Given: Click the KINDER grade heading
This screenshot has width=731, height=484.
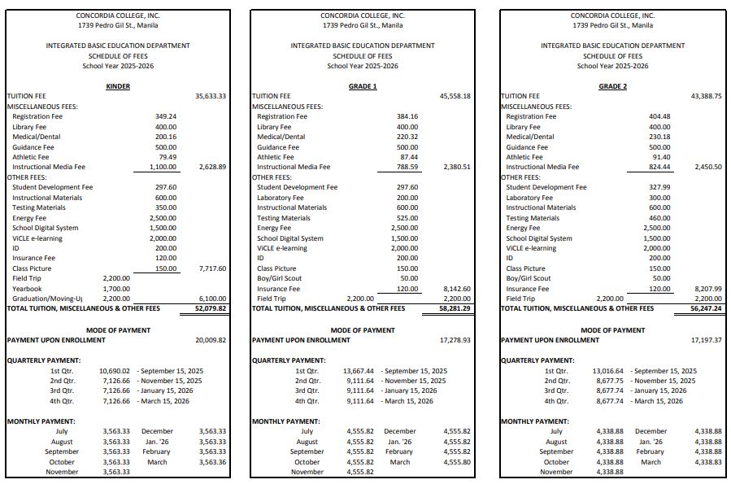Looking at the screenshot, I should tap(118, 86).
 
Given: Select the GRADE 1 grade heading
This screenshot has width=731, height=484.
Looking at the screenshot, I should tap(363, 86).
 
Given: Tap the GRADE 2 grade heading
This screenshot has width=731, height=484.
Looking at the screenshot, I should tap(612, 86).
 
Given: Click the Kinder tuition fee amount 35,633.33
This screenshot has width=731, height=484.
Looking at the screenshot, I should tap(211, 96).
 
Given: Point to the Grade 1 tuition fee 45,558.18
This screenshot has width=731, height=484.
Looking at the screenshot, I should tap(455, 96).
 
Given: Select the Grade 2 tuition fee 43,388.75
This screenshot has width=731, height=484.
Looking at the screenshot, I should tap(706, 96).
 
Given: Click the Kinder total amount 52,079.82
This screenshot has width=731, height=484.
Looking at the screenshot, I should tap(211, 309).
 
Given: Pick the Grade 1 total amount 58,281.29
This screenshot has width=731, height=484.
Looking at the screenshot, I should tap(455, 309).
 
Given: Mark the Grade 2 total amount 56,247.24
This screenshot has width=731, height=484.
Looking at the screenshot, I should tap(706, 309).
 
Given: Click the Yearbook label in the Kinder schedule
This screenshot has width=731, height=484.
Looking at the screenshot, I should tap(28, 289).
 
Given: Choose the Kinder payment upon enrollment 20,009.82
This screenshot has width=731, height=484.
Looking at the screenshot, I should tap(211, 340).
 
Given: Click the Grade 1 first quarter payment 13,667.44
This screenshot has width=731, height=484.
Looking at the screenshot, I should tap(359, 370).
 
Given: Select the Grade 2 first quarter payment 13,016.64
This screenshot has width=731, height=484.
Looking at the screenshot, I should tap(608, 370).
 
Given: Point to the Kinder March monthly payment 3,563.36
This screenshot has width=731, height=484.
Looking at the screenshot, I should tap(211, 462).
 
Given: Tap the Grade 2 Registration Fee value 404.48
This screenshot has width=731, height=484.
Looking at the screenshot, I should tap(659, 116).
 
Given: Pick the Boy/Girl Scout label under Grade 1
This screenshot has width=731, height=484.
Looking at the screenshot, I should tap(280, 278).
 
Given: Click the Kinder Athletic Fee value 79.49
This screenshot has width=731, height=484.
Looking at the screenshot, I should tap(168, 157).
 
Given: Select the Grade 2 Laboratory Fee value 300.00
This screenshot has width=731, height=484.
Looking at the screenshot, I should tap(659, 198).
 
